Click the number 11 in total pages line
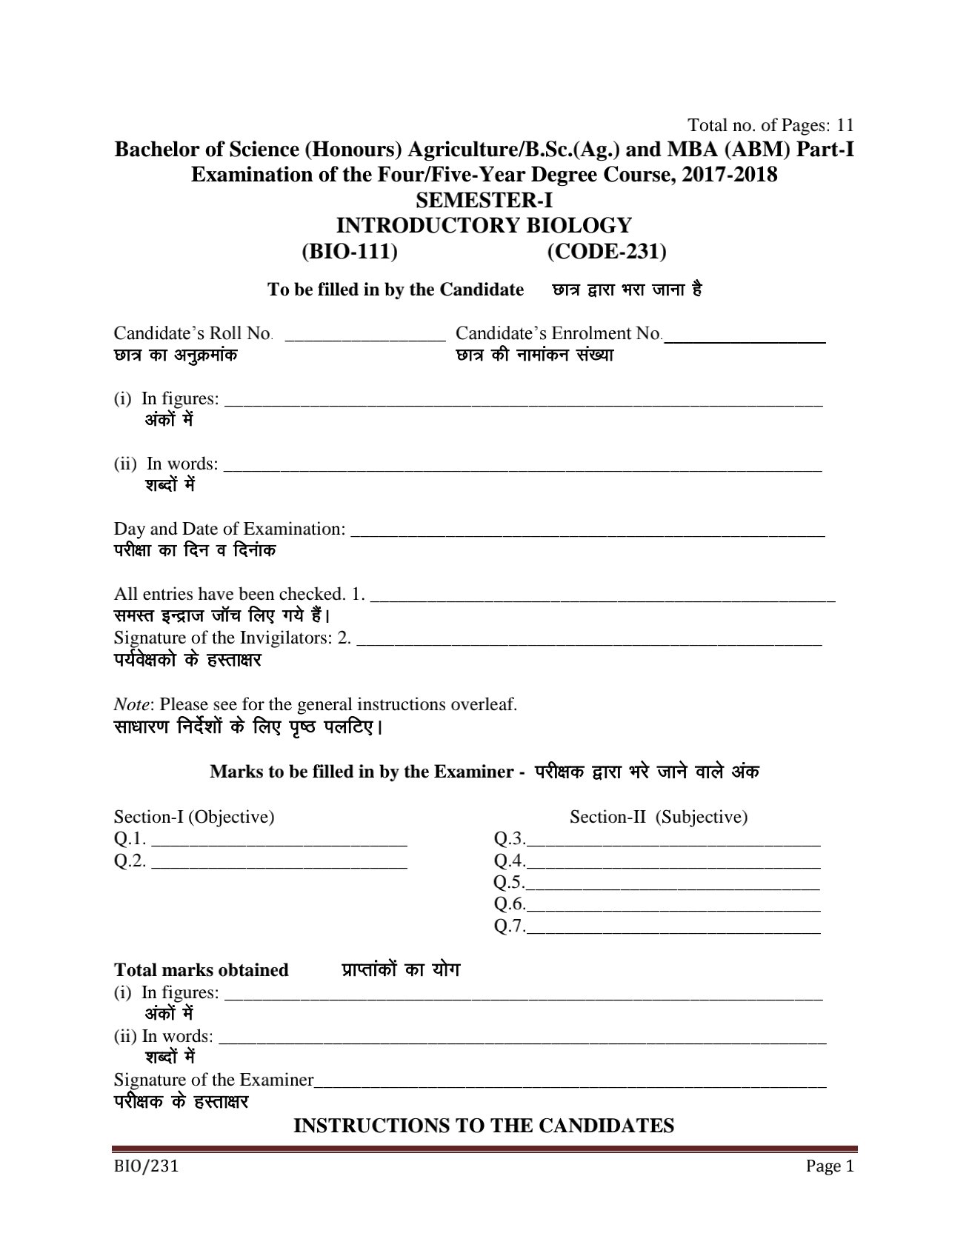[x=845, y=124]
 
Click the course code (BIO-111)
[x=350, y=253]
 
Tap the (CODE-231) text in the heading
[x=607, y=253]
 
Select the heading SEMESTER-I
[x=485, y=201]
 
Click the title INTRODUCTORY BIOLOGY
[x=485, y=226]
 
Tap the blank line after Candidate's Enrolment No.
[x=745, y=339]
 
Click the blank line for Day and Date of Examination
[x=587, y=533]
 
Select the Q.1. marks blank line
[x=279, y=843]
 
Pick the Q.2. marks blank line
[x=279, y=864]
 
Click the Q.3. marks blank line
[x=673, y=843]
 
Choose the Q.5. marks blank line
[x=673, y=886]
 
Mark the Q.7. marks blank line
[x=673, y=930]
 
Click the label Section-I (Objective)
[x=194, y=817]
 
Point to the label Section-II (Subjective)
[x=659, y=817]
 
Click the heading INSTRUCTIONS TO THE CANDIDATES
[x=484, y=1126]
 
